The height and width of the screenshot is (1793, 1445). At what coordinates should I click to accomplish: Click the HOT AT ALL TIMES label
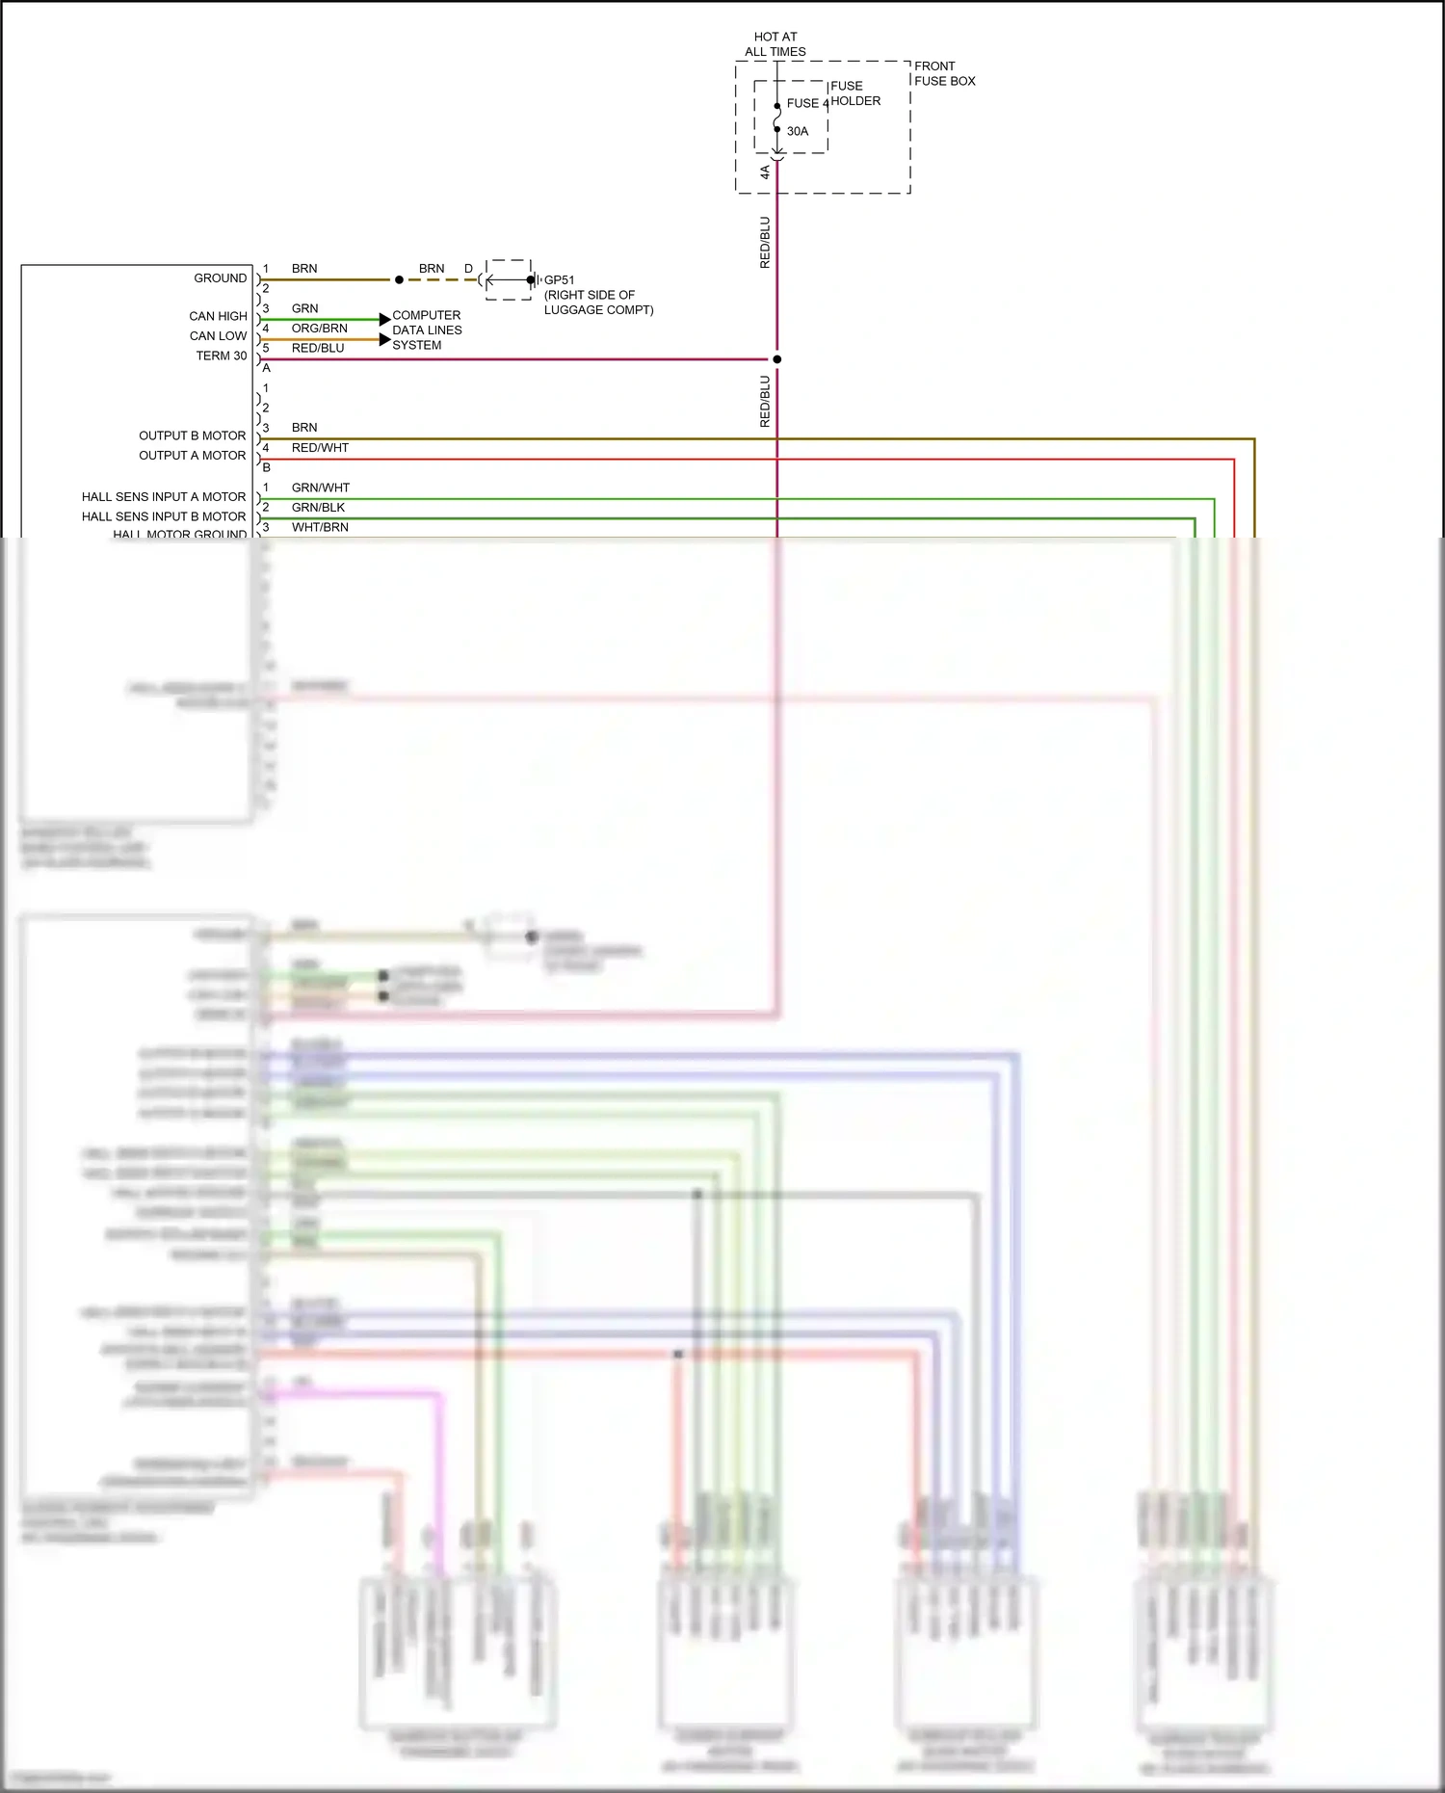[775, 44]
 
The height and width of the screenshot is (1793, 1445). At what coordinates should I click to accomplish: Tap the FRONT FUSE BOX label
[944, 73]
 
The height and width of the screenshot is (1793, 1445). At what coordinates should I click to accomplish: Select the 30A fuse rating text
[798, 131]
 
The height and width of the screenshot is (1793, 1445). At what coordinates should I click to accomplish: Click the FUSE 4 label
[807, 103]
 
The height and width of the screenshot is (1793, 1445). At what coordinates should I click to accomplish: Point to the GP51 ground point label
[560, 280]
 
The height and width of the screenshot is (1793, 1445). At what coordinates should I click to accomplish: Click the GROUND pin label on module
[221, 278]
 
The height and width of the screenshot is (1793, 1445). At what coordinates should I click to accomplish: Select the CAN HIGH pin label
[218, 316]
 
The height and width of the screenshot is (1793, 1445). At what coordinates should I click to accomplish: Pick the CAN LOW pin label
[218, 336]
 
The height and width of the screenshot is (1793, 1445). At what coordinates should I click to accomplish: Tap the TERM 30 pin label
[222, 356]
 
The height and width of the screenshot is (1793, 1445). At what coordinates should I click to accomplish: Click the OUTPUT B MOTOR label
[193, 435]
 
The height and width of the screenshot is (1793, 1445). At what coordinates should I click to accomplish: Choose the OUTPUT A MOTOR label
[193, 456]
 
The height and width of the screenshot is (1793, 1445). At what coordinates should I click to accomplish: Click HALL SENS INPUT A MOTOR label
[164, 497]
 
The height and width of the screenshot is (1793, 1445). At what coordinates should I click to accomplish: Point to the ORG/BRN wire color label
[319, 329]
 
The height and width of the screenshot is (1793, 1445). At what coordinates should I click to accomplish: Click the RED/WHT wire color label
[320, 448]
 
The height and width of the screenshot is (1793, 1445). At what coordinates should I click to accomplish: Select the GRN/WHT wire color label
[321, 488]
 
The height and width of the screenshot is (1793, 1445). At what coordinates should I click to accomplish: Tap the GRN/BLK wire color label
[318, 508]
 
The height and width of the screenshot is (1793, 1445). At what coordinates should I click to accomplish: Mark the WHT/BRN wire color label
[320, 527]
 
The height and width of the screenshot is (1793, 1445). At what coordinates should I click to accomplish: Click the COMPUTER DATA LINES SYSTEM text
[427, 330]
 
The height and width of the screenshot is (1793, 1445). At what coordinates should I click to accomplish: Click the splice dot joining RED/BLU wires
[777, 359]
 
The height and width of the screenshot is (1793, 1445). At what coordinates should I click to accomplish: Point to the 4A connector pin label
[765, 171]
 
